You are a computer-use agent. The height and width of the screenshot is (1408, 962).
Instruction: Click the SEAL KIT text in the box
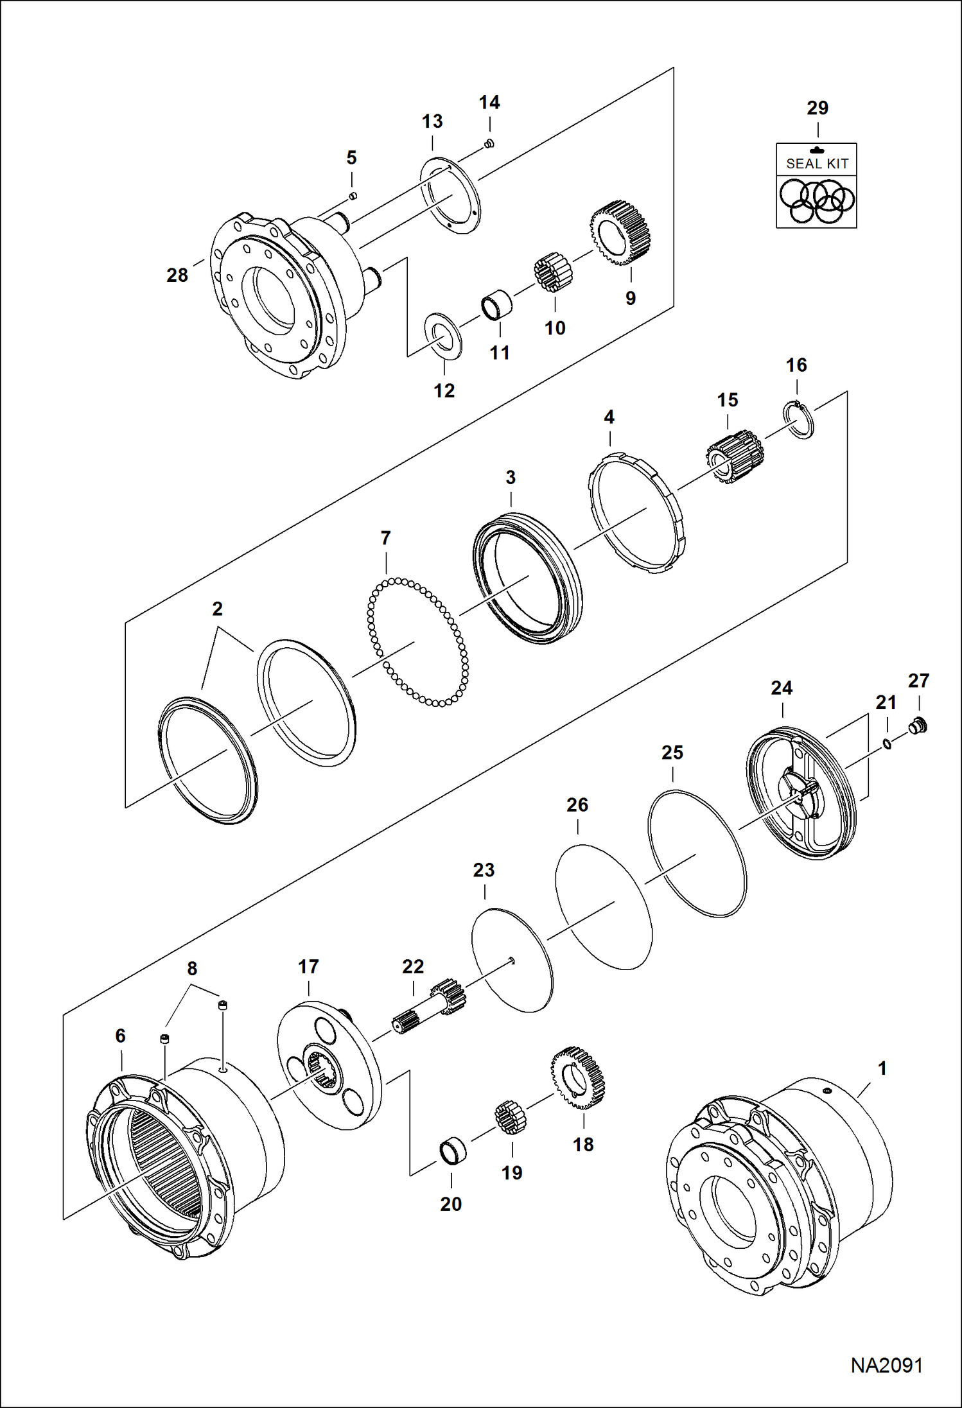point(817,164)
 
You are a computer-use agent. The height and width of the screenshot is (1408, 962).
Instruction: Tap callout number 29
point(817,108)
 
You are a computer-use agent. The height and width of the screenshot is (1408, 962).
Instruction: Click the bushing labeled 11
point(496,306)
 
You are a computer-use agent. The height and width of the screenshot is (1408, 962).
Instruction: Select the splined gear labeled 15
point(733,456)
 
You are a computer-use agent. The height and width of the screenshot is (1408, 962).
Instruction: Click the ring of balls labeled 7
point(417,642)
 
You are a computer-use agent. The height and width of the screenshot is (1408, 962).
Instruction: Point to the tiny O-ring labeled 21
point(886,744)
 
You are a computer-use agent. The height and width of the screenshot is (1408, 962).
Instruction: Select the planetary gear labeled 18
point(578,1078)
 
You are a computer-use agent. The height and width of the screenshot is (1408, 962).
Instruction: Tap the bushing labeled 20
point(452,1151)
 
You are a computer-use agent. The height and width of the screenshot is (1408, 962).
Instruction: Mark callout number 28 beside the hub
point(177,275)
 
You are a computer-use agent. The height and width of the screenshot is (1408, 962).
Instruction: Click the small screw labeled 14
point(489,143)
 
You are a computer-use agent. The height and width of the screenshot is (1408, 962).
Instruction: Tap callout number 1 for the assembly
point(882,1068)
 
